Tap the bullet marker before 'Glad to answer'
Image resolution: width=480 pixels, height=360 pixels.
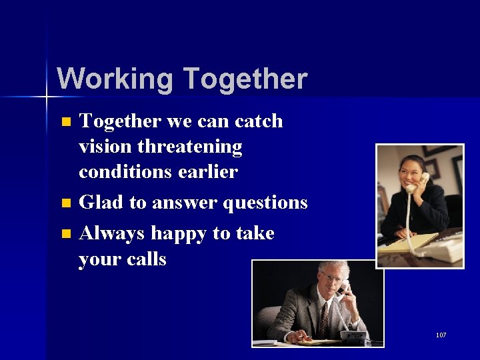tap(65, 203)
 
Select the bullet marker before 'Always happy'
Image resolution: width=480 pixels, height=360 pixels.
tap(65, 233)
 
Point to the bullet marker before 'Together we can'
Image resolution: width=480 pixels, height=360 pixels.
tap(65, 122)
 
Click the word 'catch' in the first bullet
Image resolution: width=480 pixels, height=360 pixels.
tap(259, 121)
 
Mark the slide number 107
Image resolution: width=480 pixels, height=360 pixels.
tap(441, 335)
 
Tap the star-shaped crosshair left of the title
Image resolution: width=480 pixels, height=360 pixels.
tap(47, 97)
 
